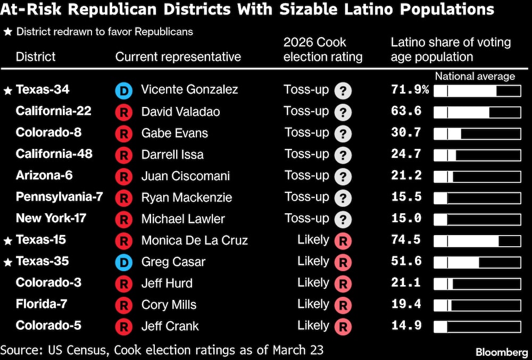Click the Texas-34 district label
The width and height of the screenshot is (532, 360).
point(43,90)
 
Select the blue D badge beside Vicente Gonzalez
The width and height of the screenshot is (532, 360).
point(123,90)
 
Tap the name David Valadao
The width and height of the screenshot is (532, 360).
point(180,112)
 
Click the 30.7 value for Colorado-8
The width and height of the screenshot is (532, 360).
point(406,133)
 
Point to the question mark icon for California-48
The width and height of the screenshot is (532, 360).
point(343,155)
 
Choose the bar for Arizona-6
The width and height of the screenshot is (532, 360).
point(477,177)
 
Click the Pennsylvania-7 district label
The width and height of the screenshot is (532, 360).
point(59,197)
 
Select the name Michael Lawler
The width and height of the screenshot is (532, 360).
point(183,219)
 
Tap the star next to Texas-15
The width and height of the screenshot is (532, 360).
point(7,241)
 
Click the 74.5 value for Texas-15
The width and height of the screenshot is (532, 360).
point(406,240)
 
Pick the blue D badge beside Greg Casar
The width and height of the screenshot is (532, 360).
point(123,262)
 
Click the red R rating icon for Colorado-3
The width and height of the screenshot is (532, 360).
point(343,283)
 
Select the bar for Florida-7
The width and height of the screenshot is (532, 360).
point(477,305)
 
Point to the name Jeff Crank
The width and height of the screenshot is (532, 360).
point(170,326)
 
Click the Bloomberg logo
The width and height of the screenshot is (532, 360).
point(501,352)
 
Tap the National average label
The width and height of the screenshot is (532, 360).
point(475,77)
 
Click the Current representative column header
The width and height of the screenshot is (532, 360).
point(178,57)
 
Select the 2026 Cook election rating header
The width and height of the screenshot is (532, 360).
point(323,49)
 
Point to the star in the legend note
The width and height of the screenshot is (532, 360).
point(7,32)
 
